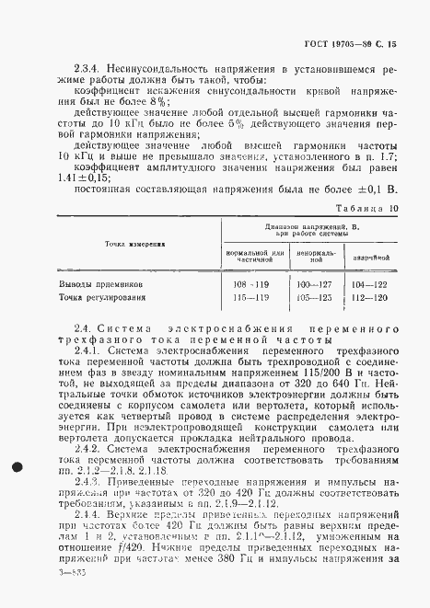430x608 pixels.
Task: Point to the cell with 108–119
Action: point(249,285)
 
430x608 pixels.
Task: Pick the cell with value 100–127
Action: point(314,285)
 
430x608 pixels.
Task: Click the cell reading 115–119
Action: point(249,298)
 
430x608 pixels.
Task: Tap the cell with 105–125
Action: point(314,298)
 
